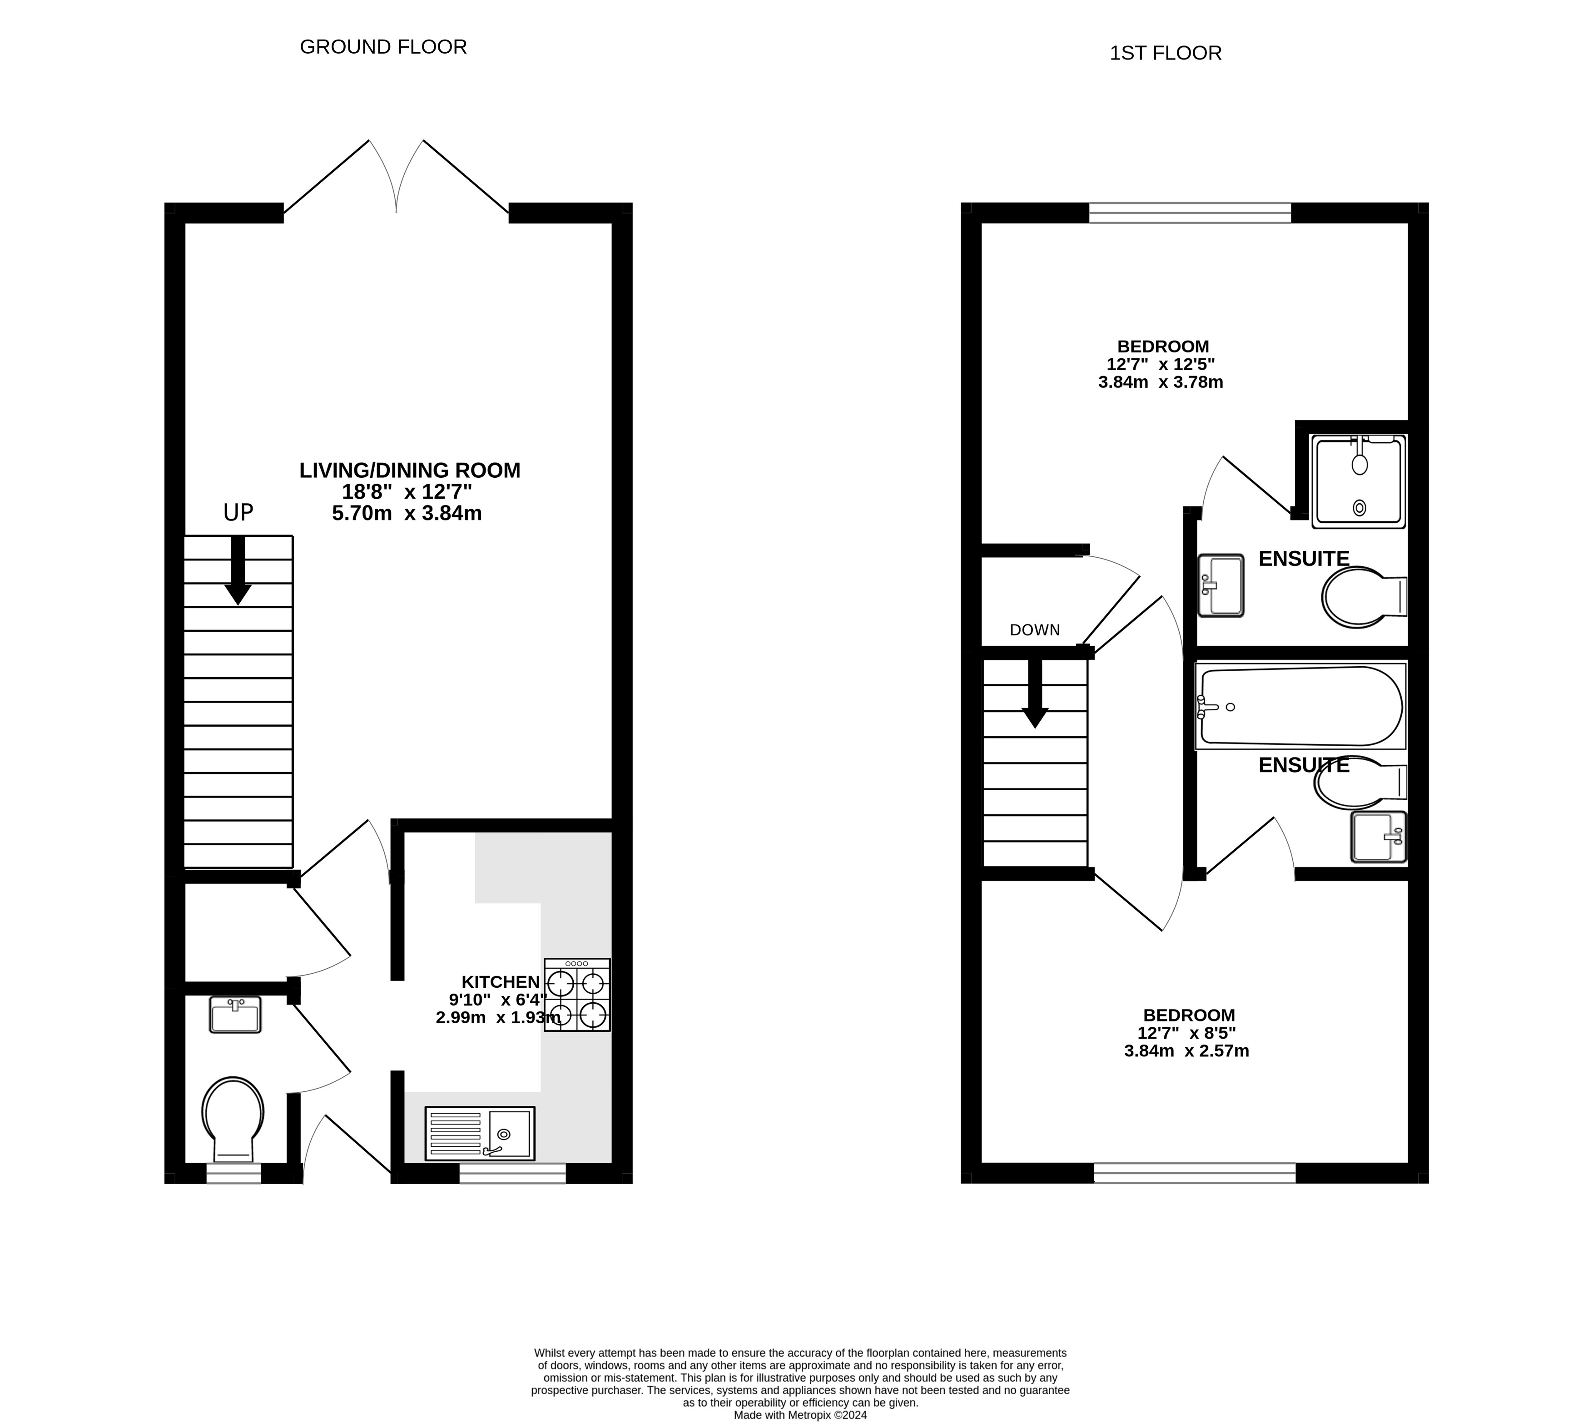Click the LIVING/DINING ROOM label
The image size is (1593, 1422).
pyautogui.click(x=409, y=471)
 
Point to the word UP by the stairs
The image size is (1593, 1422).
pyautogui.click(x=238, y=513)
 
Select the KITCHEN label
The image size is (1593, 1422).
pyautogui.click(x=500, y=981)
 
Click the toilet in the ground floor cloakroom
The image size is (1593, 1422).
pyautogui.click(x=233, y=1117)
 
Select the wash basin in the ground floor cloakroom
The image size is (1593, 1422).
pyautogui.click(x=235, y=1014)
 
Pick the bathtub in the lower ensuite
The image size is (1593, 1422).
pyautogui.click(x=1301, y=705)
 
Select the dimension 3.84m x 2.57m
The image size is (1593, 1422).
pyautogui.click(x=1186, y=1051)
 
